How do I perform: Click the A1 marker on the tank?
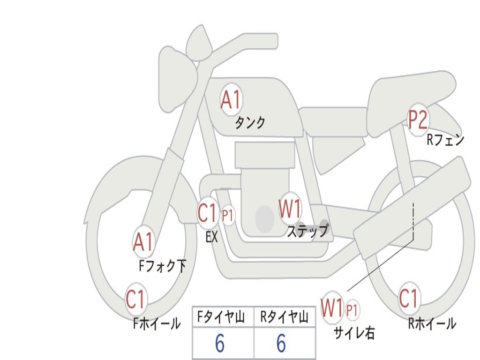pyautogui.click(x=231, y=100)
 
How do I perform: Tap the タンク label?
pyautogui.click(x=250, y=123)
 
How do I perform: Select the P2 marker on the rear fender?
pyautogui.click(x=417, y=120)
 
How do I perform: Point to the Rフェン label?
pyautogui.click(x=445, y=140)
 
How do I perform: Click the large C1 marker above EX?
pyautogui.click(x=208, y=214)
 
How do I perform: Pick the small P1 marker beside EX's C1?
pyautogui.click(x=228, y=216)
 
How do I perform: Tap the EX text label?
pyautogui.click(x=212, y=237)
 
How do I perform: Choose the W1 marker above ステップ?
pyautogui.click(x=290, y=209)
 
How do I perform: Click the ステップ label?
pyautogui.click(x=307, y=231)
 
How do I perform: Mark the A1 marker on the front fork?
pyautogui.click(x=143, y=242)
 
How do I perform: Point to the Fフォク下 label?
pyautogui.click(x=163, y=266)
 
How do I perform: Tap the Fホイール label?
pyautogui.click(x=157, y=323)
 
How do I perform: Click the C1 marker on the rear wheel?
pyautogui.click(x=409, y=299)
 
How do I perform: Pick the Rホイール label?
pyautogui.click(x=432, y=323)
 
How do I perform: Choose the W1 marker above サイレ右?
pyautogui.click(x=332, y=308)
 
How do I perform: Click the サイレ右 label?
pyautogui.click(x=354, y=333)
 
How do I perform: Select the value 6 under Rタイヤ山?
pyautogui.click(x=281, y=344)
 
